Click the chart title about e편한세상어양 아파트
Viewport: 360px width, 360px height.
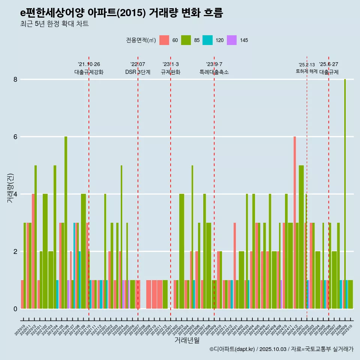121,13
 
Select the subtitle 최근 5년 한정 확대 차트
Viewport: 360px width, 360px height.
54,24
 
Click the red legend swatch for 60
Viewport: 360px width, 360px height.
164,40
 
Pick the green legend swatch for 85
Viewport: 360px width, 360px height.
186,40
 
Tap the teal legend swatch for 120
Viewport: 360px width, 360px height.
207,40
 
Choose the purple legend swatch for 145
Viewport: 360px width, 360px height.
232,40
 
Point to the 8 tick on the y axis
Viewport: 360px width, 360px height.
15,79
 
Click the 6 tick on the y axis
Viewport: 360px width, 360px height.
15,137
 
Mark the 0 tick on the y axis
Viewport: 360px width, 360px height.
15,309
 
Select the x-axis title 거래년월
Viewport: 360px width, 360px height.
187,340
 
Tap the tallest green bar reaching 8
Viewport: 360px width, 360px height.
345,187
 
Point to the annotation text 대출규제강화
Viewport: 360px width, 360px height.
89,72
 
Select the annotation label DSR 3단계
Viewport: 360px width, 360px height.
138,72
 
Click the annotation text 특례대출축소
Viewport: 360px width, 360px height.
214,72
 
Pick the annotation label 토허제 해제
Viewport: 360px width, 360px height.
307,71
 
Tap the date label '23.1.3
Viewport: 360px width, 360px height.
171,64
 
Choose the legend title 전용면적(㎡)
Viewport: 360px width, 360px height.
141,40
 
